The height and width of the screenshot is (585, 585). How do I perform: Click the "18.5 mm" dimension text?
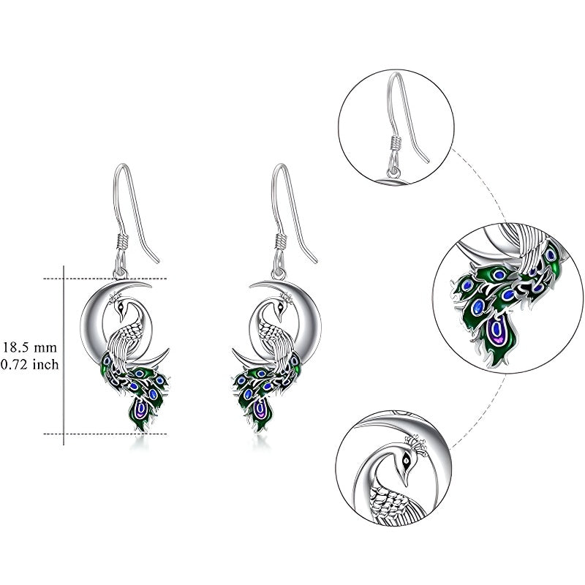[x=30, y=348]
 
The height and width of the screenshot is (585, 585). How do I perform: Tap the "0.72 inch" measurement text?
[x=30, y=364]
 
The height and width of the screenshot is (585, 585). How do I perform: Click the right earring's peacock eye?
[x=280, y=308]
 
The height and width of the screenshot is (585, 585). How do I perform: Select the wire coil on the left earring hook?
[x=122, y=241]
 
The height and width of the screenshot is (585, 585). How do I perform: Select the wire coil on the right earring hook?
[x=281, y=241]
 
